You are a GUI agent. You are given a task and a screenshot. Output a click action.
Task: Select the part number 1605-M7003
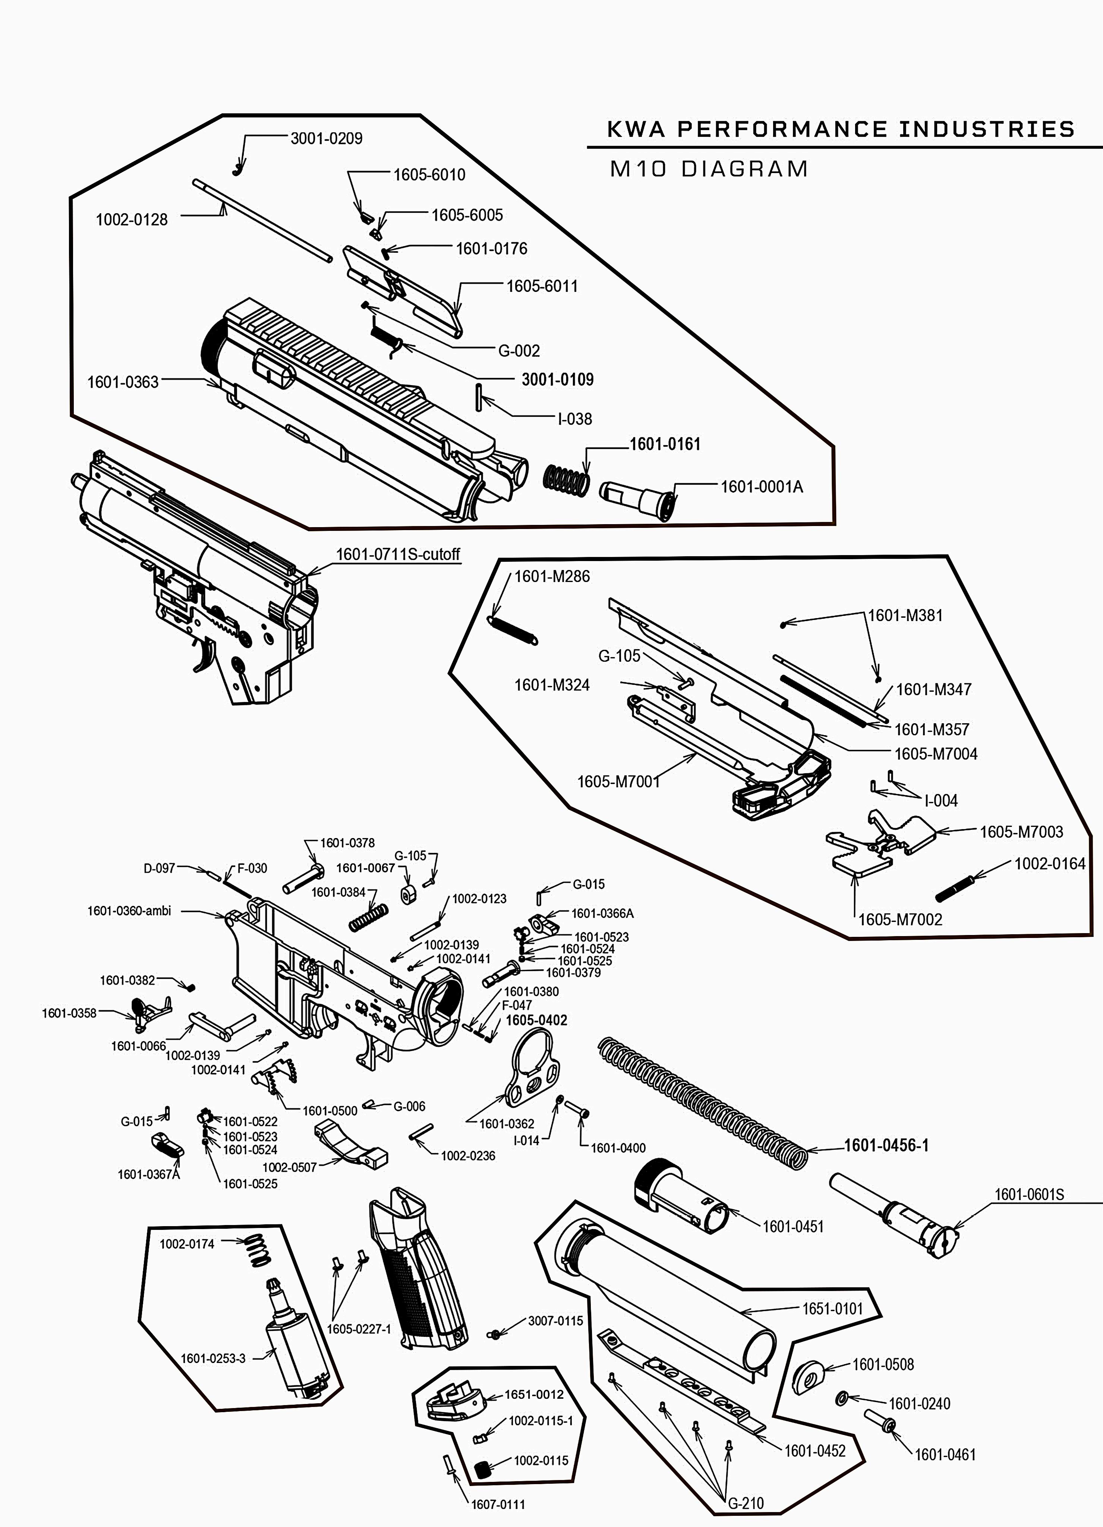(x=1021, y=831)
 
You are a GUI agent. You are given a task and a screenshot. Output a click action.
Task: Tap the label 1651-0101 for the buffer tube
(x=832, y=1309)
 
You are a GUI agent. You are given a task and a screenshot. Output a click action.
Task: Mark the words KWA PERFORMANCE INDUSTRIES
(x=840, y=129)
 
